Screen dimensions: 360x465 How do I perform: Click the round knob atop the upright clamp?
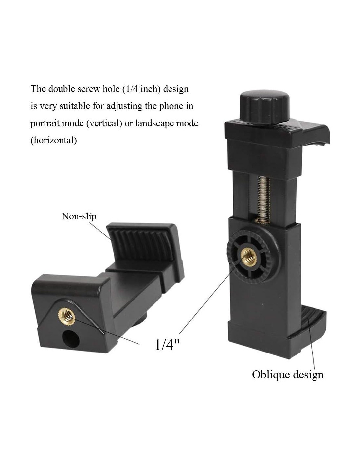(x=265, y=109)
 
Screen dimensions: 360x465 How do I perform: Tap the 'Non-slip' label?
(x=79, y=216)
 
